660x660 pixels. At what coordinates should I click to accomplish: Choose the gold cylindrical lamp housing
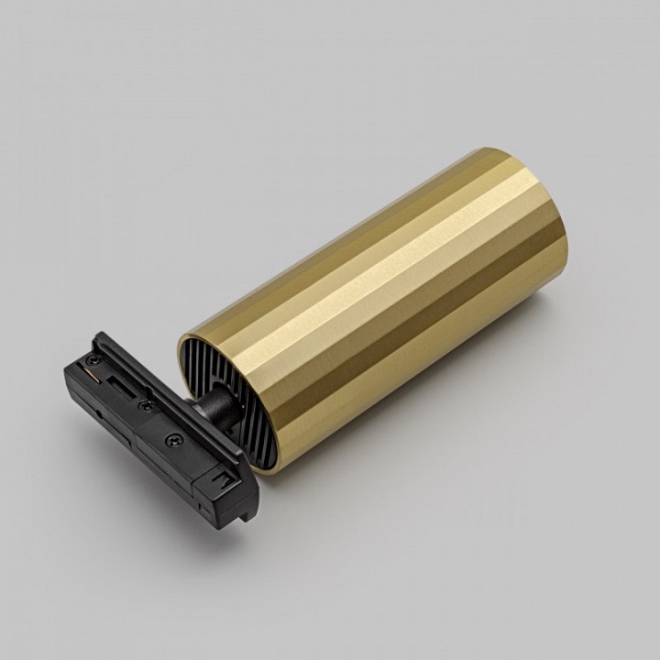[385, 293]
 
